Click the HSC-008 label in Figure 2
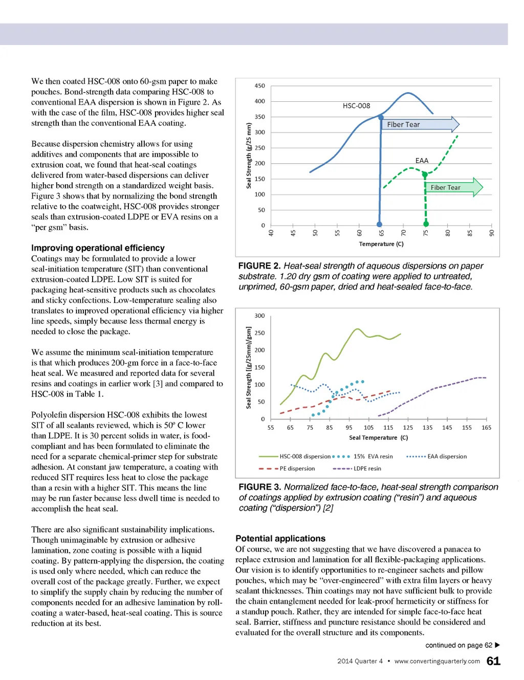coord(356,106)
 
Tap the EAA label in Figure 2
coord(422,161)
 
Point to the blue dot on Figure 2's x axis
coord(379,224)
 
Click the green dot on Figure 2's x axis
coord(426,224)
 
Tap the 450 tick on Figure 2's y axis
coord(260,86)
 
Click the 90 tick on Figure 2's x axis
coord(492,233)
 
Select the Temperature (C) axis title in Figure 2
coord(381,244)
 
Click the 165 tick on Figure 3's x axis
coord(486,428)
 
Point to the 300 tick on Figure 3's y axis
coord(260,316)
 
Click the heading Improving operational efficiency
coord(98,248)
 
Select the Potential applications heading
coord(280,539)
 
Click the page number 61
coord(493,661)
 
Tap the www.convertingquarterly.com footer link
coord(437,661)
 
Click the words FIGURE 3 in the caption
coord(260,487)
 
